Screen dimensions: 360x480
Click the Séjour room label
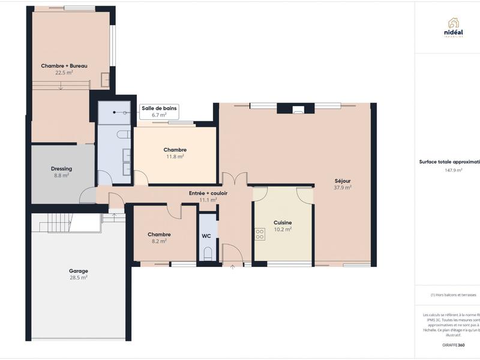pos(343,181)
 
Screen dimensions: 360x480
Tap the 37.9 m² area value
pos(343,187)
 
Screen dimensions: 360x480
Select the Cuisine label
pos(283,223)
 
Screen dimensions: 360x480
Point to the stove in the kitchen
pos(260,234)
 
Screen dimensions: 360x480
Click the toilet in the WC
pos(208,254)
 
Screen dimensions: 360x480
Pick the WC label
pos(206,236)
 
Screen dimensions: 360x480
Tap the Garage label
pos(79,271)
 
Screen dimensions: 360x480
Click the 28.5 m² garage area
pos(79,278)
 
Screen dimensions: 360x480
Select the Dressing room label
pos(61,169)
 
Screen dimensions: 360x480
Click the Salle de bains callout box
pos(158,112)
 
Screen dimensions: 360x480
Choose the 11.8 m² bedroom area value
pos(175,157)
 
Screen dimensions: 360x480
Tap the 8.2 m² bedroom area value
pos(159,241)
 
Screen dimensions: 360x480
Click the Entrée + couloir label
pos(208,193)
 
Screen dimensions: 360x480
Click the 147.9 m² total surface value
pos(453,170)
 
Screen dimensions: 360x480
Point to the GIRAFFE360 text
pos(453,346)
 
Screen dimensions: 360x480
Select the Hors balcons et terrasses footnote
pos(454,295)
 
